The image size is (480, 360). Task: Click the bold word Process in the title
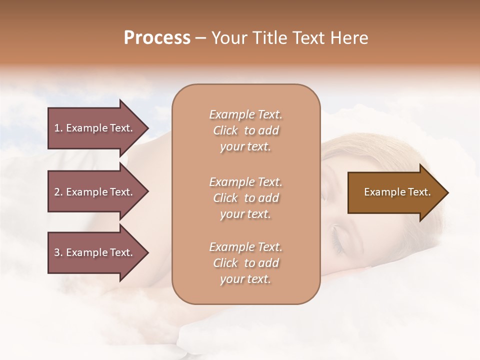[157, 38]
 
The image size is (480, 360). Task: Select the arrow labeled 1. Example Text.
[95, 128]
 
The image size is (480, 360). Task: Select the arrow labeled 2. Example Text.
[95, 192]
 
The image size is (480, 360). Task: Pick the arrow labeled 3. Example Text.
[95, 252]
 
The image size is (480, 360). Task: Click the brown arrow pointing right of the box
[395, 192]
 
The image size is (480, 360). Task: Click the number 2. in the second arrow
[58, 192]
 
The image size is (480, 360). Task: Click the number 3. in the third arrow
[58, 252]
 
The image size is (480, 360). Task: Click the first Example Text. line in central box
[245, 114]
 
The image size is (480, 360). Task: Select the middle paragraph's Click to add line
[245, 198]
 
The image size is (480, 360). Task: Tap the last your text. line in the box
[245, 279]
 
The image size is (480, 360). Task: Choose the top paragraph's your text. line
[245, 147]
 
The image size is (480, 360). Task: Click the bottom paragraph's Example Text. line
[245, 247]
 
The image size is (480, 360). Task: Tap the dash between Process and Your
[200, 38]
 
